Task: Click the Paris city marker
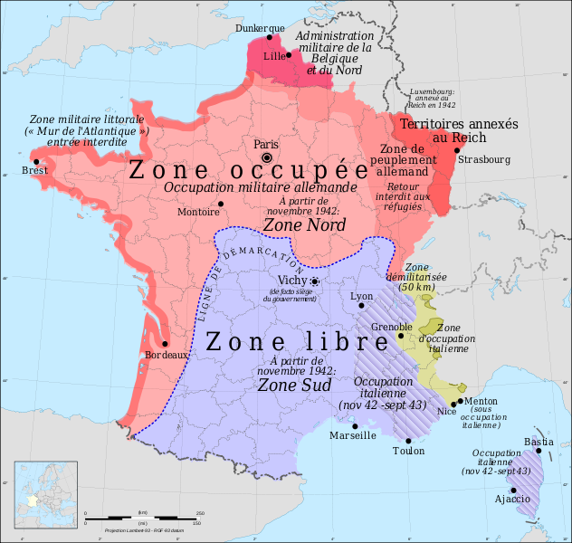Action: (x=267, y=157)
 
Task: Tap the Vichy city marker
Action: (x=315, y=281)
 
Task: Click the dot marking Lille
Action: (x=289, y=55)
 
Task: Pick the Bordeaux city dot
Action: (x=165, y=344)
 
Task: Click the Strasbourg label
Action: (x=484, y=160)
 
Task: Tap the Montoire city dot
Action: (x=219, y=204)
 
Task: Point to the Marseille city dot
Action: (x=356, y=425)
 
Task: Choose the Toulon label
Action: (x=408, y=451)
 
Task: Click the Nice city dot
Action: (x=453, y=404)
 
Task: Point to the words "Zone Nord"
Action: (x=298, y=224)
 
